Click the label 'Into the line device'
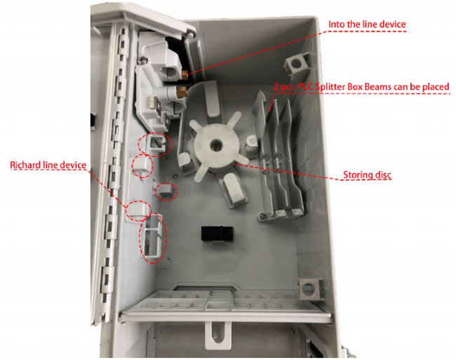click(x=367, y=24)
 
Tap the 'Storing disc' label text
click(x=367, y=175)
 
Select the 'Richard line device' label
click(x=48, y=165)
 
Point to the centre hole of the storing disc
click(x=216, y=144)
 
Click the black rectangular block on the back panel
click(x=215, y=234)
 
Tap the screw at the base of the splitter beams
click(x=262, y=216)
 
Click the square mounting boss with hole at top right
click(x=296, y=63)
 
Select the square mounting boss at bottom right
click(x=311, y=288)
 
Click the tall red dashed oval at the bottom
click(x=154, y=238)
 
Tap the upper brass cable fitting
click(x=185, y=74)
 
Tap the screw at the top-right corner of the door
click(x=190, y=34)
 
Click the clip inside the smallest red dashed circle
click(x=166, y=192)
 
